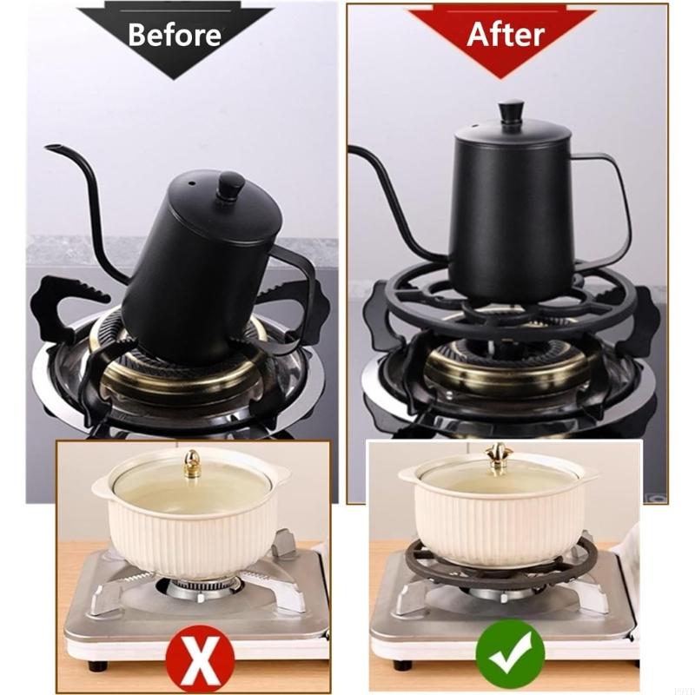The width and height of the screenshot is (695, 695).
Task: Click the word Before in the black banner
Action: coord(175,34)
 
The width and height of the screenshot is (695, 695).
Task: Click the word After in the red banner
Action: coord(506,34)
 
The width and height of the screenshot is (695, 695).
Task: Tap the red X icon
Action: coord(200,657)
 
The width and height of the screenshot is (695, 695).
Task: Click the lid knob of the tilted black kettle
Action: coord(230,187)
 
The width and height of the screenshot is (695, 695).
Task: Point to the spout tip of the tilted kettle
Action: coord(47,147)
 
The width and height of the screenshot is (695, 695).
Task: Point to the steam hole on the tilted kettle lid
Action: coord(192,183)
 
